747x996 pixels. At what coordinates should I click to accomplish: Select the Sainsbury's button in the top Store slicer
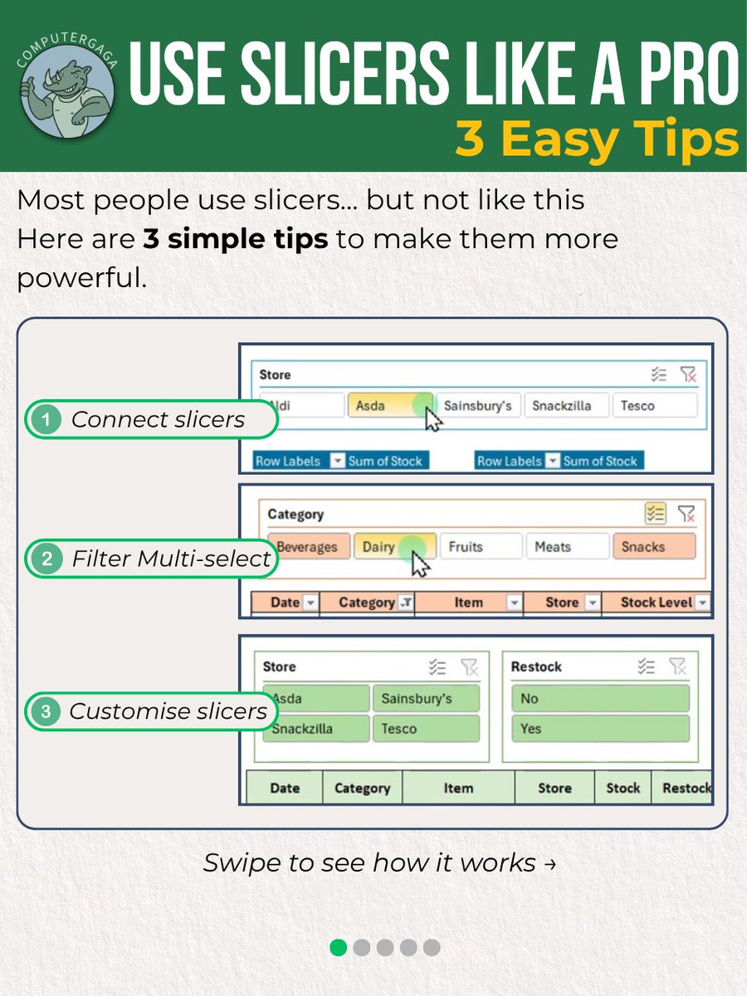click(478, 406)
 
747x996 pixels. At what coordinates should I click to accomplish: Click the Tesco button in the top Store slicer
click(655, 406)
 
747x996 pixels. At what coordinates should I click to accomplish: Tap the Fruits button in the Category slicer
click(481, 547)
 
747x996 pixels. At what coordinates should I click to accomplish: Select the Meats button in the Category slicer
click(567, 547)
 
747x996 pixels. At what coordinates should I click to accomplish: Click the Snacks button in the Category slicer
click(653, 547)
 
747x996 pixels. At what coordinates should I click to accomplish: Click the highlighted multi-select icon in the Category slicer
click(655, 515)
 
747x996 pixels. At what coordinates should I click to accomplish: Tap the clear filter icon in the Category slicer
click(686, 515)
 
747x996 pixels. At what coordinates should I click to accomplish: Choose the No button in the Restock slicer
click(599, 699)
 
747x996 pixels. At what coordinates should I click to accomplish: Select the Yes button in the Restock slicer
click(599, 729)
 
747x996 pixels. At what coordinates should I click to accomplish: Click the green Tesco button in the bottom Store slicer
click(426, 729)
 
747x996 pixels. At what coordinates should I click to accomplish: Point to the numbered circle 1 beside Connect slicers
click(46, 420)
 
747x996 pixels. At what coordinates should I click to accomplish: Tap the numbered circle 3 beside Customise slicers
click(46, 711)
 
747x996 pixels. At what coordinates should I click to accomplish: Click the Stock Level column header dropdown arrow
click(702, 603)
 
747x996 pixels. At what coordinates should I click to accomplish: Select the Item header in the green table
click(458, 788)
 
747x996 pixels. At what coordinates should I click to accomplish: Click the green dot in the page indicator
click(339, 947)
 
